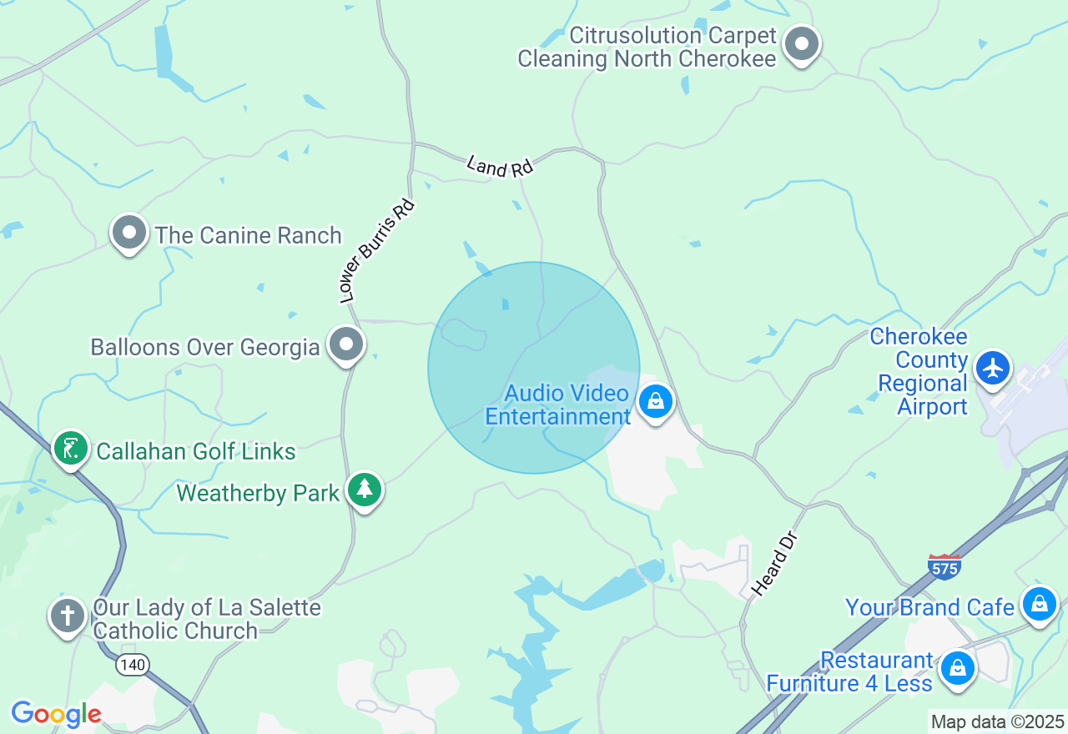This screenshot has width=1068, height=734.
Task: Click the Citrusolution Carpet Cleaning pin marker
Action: coord(803,44)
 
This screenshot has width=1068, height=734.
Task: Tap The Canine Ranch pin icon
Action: coord(129,233)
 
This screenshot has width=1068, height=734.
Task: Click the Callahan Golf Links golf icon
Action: coord(71,449)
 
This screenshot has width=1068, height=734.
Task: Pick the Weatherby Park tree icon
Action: coord(365,490)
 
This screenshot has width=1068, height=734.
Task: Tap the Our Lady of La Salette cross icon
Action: coord(68,616)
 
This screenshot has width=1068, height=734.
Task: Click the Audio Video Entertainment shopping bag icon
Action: coord(656,402)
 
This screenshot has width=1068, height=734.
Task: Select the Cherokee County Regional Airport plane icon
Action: coord(992,368)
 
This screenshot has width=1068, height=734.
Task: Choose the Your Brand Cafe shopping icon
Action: coord(1040,603)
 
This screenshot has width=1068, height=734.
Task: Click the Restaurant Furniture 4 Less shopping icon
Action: coord(958,668)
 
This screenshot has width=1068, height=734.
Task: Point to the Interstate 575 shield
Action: coord(945,566)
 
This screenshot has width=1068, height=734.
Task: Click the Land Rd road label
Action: coord(499,166)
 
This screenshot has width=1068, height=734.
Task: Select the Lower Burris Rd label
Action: coord(375,250)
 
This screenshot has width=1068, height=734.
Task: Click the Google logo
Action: coord(56,715)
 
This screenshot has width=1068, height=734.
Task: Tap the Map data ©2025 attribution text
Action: coord(997,722)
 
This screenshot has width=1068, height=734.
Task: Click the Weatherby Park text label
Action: coord(258,493)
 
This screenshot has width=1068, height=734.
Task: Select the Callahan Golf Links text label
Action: coord(196,452)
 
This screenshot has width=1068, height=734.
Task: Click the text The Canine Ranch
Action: coord(248,236)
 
